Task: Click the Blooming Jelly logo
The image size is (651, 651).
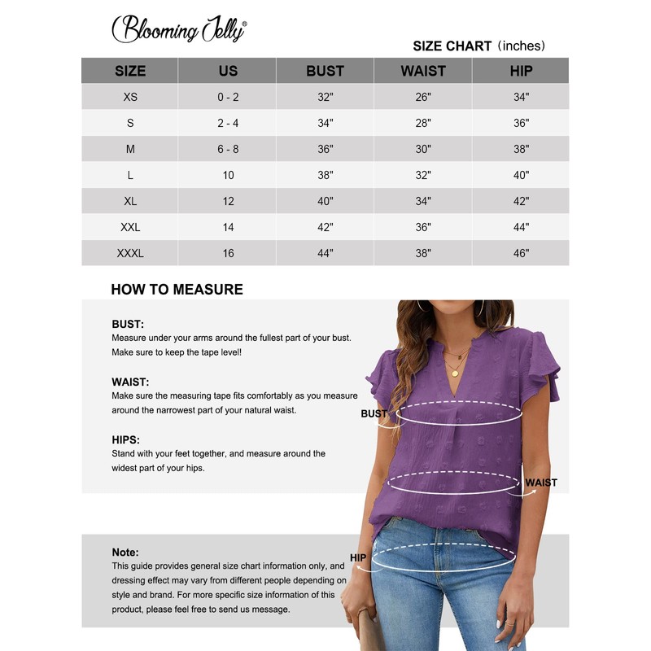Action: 178,29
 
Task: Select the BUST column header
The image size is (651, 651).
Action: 325,71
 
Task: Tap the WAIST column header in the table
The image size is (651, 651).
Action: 423,71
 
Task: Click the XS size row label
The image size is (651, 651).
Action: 130,97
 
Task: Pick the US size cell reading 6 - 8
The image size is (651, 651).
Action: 228,149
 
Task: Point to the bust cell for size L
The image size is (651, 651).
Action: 325,175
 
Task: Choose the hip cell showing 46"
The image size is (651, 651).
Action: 521,253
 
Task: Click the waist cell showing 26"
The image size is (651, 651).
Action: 423,97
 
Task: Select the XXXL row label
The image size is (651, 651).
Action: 130,253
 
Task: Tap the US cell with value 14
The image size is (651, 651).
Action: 228,227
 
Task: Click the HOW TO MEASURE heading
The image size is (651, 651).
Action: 177,289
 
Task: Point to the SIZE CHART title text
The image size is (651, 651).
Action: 452,46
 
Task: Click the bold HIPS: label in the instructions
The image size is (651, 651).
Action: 126,440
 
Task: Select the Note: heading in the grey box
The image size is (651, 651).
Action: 125,553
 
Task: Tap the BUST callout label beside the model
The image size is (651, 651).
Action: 374,414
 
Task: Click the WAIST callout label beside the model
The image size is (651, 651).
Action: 541,483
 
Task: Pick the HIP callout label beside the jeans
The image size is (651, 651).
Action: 359,557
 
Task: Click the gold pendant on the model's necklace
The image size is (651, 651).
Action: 455,373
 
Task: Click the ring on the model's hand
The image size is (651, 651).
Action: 510,623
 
